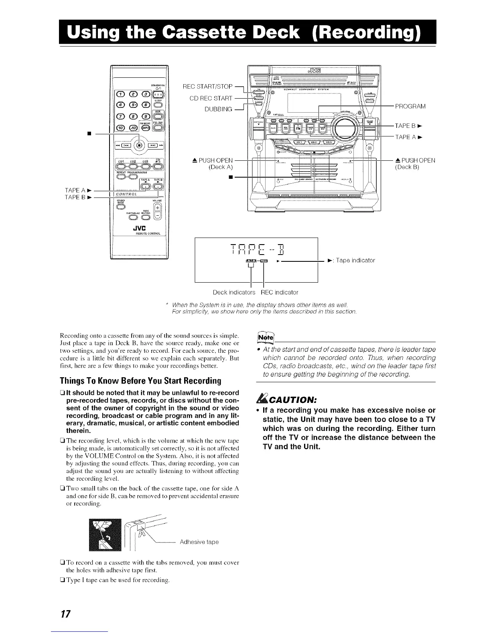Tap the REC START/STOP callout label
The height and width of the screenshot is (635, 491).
coord(207,87)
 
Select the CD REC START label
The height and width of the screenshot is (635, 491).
coord(211,98)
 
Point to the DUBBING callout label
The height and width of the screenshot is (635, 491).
coord(219,109)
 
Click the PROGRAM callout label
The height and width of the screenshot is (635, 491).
coord(410,106)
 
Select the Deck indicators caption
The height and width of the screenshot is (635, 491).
coord(234,292)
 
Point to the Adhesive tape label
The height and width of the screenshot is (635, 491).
coord(199,542)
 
